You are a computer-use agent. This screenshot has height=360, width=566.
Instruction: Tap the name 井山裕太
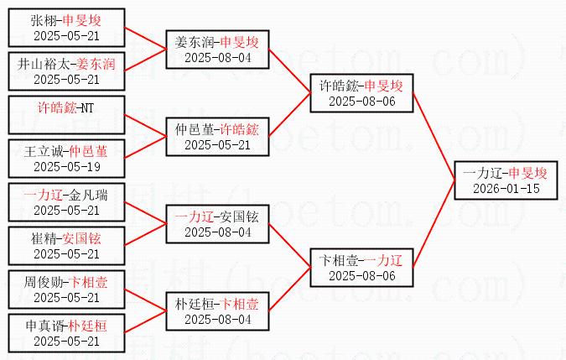point(44,65)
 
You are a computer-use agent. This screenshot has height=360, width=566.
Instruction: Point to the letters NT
point(87,108)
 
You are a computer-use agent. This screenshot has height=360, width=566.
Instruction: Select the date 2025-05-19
point(67,167)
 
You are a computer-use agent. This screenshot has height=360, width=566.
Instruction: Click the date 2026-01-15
point(506,189)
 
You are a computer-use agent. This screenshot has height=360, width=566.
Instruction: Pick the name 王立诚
point(44,152)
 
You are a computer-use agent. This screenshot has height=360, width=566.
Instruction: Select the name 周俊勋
point(44,282)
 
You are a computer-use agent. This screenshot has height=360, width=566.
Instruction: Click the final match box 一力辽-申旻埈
point(506,180)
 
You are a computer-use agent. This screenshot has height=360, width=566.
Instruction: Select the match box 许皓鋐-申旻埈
point(361,93)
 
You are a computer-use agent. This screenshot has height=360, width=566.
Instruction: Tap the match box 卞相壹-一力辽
point(361,268)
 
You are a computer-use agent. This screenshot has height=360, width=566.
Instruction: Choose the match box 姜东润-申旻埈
point(217,50)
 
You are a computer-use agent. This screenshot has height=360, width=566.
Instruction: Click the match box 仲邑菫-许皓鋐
point(217,137)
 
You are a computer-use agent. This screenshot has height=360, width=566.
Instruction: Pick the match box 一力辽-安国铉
point(217,224)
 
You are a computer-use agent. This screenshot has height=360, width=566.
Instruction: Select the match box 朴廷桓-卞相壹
point(217,311)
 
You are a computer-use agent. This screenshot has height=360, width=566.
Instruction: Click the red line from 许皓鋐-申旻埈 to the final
point(434,137)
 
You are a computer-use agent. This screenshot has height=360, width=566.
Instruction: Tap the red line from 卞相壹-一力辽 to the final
point(434,224)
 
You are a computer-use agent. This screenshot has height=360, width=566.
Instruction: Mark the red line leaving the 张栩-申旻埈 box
point(145,39)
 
